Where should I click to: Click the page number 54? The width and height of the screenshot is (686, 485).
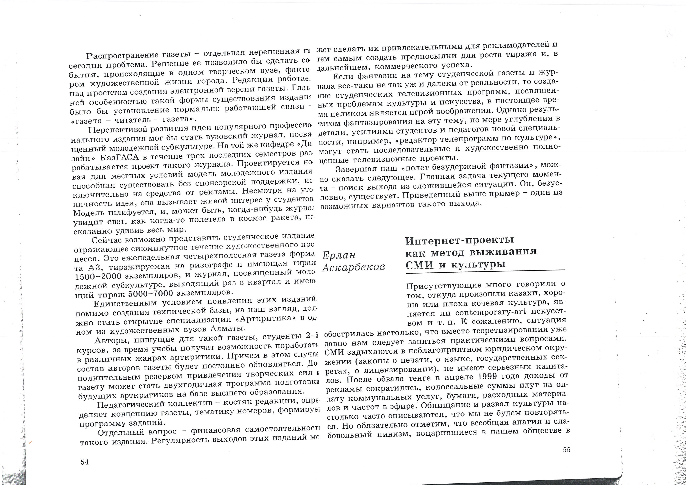point(84,462)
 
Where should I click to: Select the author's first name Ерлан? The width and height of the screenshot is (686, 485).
point(339,255)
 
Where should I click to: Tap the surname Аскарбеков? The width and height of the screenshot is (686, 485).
point(353,267)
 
